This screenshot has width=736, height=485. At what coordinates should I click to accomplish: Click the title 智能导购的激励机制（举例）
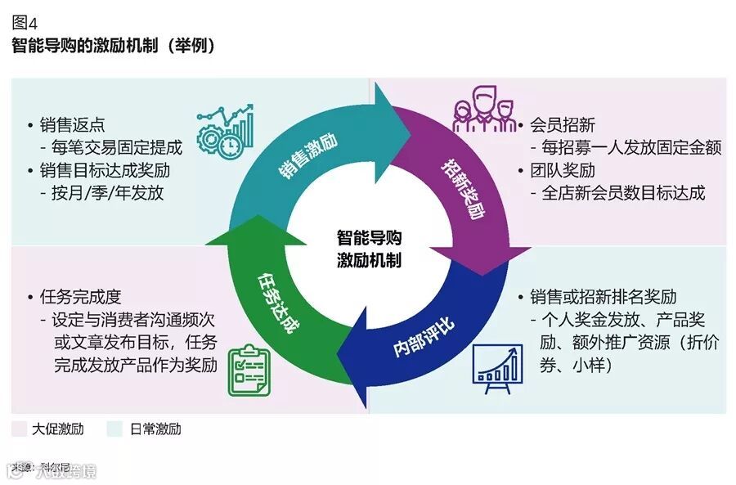click(114, 46)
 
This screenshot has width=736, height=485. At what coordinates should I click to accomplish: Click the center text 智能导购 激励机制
click(370, 249)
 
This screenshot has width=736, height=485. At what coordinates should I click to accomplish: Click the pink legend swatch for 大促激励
click(21, 429)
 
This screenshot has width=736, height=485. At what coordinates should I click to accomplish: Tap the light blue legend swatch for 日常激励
click(115, 429)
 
